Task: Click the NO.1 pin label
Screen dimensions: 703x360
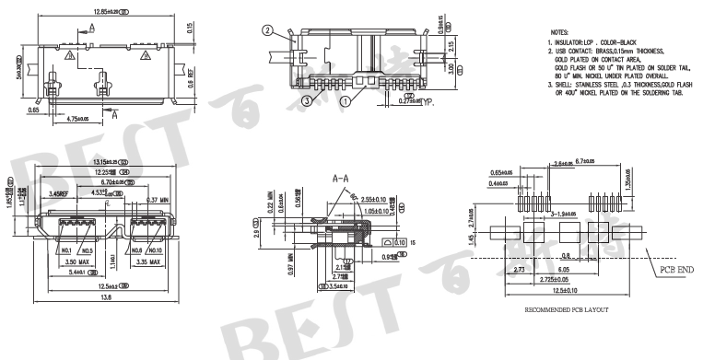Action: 63,250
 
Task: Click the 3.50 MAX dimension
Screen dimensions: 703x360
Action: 71,261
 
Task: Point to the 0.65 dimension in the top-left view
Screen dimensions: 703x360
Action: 34,109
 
